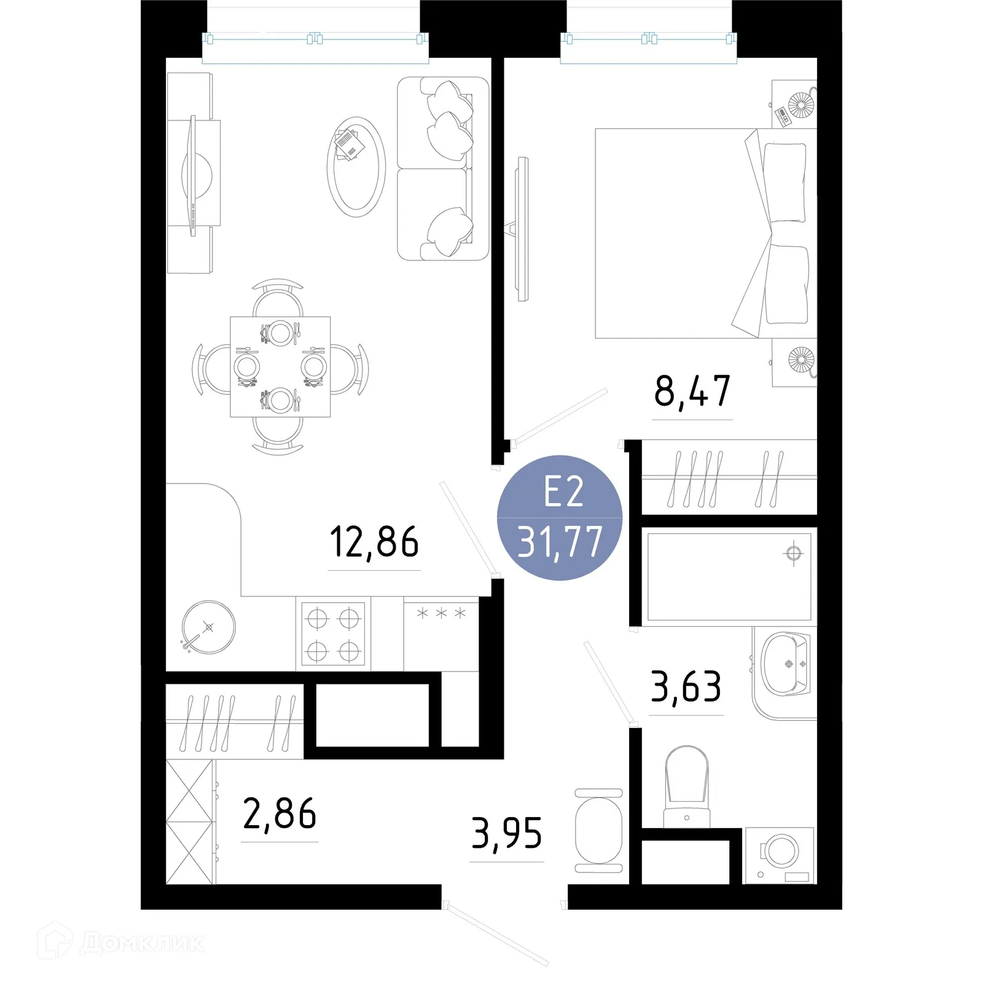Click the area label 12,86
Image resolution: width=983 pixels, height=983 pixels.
click(374, 542)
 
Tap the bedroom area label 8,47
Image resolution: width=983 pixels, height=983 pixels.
click(692, 391)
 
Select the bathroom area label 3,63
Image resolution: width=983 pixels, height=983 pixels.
click(686, 687)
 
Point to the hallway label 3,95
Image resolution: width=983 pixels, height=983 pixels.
click(507, 834)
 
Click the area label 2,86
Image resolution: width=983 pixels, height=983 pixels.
click(280, 814)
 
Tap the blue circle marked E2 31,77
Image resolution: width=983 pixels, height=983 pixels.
click(560, 518)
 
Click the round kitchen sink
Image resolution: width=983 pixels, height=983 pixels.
click(209, 627)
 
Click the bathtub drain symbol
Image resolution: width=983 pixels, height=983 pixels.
click(793, 553)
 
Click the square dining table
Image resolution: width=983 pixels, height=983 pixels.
click(280, 367)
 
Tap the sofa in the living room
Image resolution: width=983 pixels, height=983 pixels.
click(442, 168)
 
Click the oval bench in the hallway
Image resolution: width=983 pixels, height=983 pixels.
click(599, 831)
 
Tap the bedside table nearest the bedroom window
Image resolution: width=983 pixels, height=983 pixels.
click(794, 104)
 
